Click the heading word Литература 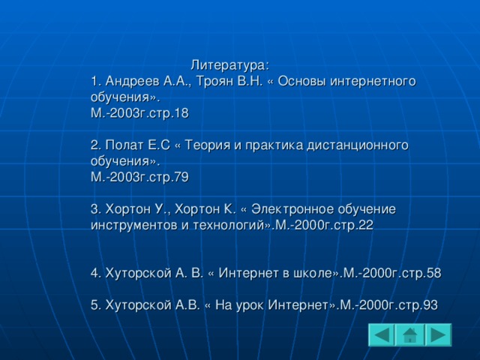click(x=228, y=65)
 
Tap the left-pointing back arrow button click(x=382, y=334)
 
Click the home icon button click(x=409, y=334)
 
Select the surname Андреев click(x=132, y=82)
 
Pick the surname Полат click(x=124, y=145)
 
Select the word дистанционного click(x=358, y=145)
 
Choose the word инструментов click(x=134, y=226)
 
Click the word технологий click(x=229, y=226)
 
